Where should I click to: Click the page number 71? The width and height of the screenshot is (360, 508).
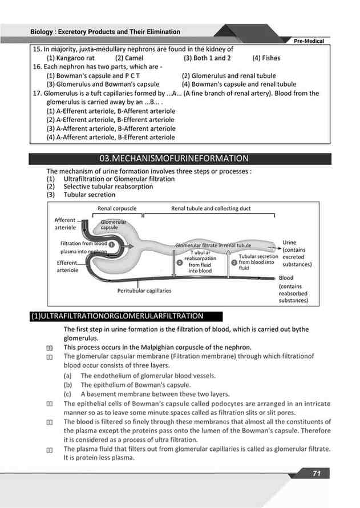(317, 473)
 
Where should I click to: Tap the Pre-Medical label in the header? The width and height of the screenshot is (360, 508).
(309, 41)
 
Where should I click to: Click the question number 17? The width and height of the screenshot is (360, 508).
(38, 93)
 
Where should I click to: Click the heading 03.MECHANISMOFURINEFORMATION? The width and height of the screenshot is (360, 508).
(173, 158)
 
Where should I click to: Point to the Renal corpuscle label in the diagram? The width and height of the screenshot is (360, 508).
(116, 209)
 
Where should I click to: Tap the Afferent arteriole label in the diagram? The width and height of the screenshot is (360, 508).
(64, 223)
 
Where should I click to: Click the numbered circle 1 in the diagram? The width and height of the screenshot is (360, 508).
(112, 244)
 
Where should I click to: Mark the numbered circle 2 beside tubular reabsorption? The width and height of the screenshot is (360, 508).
(180, 263)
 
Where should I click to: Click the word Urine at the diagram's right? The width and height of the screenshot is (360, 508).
(289, 243)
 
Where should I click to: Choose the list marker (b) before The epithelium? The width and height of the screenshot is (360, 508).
(67, 385)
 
